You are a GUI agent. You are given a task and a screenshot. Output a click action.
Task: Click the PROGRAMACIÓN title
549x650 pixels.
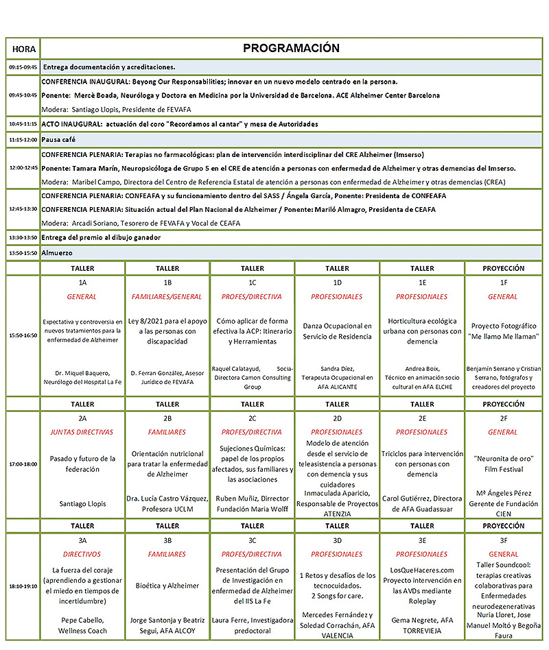tap(291, 49)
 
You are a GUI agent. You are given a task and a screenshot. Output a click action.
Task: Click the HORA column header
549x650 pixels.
tap(23, 49)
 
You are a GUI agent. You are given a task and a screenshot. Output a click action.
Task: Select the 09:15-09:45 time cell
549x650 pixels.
tap(23, 67)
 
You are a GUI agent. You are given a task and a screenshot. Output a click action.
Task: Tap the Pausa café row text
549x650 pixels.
tap(60, 139)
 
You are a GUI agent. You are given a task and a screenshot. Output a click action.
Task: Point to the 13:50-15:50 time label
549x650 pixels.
tap(23, 253)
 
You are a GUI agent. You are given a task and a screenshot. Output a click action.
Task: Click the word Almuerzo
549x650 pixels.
tap(60, 253)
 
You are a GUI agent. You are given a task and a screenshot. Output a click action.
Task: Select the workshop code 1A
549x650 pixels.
tap(82, 282)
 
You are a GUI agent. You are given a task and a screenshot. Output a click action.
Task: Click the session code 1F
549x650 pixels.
tap(503, 282)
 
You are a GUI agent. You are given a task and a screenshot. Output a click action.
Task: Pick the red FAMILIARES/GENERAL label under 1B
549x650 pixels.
tap(167, 297)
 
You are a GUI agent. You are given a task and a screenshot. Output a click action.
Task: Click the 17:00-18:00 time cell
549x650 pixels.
tap(23, 464)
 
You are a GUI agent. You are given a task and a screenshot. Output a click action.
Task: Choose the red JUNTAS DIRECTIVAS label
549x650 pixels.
tap(82, 432)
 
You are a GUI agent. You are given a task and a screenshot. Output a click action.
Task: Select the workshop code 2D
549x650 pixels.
tap(337, 418)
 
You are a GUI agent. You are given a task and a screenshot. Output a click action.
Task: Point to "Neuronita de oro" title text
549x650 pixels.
tap(503, 458)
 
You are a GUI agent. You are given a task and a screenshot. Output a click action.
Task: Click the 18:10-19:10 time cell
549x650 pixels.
tap(23, 586)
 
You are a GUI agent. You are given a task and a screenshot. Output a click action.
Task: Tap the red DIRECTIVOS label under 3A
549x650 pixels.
tap(82, 554)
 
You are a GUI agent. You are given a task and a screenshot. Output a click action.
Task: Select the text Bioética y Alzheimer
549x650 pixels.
tap(167, 586)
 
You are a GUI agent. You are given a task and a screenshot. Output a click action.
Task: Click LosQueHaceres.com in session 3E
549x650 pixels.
tap(422, 570)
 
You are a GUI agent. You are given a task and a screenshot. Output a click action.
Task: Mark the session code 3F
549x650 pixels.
tap(503, 540)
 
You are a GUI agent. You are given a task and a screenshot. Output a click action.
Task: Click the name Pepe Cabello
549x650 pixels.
tap(82, 620)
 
